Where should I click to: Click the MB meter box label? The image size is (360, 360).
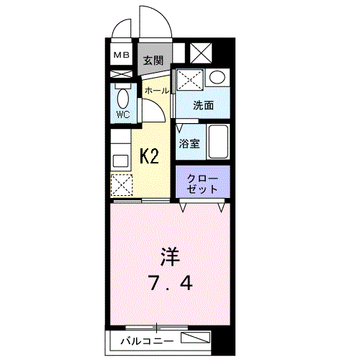point(122,55)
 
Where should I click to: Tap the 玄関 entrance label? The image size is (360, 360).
point(153,60)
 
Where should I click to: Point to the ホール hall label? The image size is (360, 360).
point(157,91)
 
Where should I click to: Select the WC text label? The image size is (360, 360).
point(123,114)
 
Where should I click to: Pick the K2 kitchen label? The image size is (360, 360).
point(149,156)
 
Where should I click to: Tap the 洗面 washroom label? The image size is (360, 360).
point(204,105)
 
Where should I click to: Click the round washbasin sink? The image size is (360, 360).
point(217,77)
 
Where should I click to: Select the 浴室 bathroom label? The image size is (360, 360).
point(189,144)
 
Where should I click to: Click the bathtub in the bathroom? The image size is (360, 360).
point(218,142)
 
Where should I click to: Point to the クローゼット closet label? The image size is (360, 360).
point(202,184)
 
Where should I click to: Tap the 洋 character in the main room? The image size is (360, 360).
point(170,256)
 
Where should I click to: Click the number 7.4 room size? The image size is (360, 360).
point(171,283)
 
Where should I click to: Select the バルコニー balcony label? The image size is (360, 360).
point(147,341)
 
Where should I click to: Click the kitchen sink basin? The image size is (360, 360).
point(121,161)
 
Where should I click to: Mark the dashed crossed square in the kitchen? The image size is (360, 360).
point(122,184)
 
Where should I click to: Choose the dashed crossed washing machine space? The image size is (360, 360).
point(190,80)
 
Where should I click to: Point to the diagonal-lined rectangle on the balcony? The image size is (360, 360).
point(195,338)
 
